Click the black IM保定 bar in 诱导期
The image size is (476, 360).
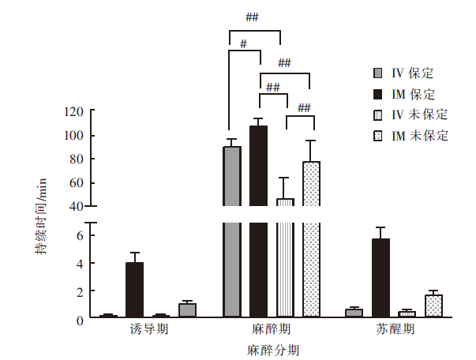click(134, 290)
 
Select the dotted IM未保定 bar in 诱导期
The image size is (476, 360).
click(187, 310)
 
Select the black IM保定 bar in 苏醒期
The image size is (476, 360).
click(380, 278)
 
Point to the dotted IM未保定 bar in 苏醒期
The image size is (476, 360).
click(433, 306)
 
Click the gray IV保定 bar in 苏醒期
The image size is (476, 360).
click(354, 313)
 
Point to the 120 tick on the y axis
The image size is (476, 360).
click(74, 112)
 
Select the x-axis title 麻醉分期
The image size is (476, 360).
click(272, 348)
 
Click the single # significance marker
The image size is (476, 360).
click(244, 44)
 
